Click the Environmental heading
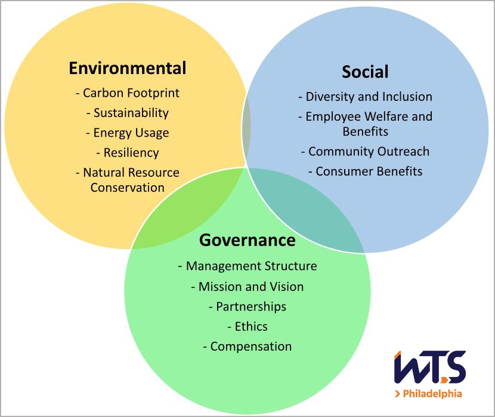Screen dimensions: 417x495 click(x=128, y=68)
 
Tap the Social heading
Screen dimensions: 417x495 click(x=365, y=72)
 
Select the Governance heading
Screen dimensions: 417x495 click(x=247, y=240)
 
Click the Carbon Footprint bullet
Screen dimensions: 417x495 click(x=128, y=93)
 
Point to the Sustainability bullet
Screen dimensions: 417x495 click(x=128, y=113)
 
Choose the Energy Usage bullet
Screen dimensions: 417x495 click(x=128, y=133)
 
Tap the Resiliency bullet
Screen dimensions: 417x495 click(x=128, y=152)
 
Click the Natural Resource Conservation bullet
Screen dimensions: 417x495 click(x=128, y=180)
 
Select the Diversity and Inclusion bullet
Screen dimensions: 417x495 click(x=365, y=97)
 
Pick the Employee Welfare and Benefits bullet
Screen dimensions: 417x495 click(x=365, y=124)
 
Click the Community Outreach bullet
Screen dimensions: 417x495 click(x=365, y=152)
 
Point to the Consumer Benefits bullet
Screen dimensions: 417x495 click(x=365, y=171)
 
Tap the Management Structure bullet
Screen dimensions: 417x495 click(x=247, y=266)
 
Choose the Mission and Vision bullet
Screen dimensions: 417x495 click(x=247, y=287)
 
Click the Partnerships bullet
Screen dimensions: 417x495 click(x=247, y=306)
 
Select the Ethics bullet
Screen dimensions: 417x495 click(x=247, y=326)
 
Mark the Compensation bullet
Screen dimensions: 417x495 click(x=247, y=347)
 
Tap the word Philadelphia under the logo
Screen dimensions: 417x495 click(x=432, y=394)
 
